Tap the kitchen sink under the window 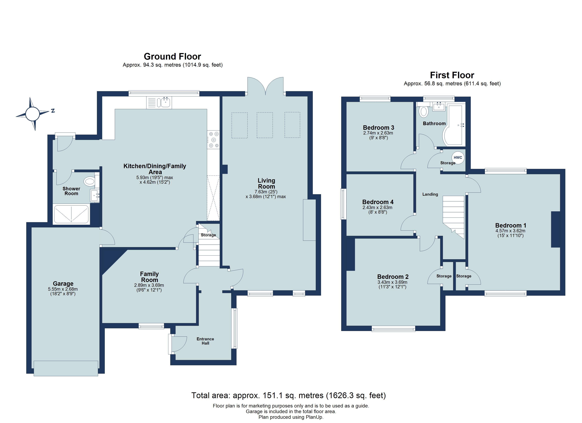165,103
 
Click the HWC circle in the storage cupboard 458,158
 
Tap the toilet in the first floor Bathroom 423,112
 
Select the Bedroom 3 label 378,127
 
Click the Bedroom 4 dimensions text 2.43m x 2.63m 377,207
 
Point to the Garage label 63,283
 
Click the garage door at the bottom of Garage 66,368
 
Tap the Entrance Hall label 205,341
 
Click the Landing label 430,194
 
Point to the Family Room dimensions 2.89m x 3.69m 149,285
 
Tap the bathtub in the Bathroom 454,126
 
